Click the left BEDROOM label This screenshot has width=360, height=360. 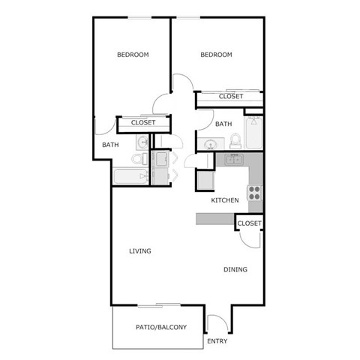(133, 55)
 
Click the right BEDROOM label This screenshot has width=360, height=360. (216, 55)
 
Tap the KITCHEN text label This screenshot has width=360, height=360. (224, 200)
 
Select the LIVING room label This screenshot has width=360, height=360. (139, 251)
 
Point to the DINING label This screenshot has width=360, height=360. (235, 270)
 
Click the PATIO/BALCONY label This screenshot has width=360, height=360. (160, 328)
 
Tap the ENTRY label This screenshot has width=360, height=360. (217, 342)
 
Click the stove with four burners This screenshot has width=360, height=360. (255, 192)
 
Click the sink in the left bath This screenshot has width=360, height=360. (142, 142)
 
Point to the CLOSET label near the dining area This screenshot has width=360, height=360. (249, 223)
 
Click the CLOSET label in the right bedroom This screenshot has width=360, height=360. (231, 97)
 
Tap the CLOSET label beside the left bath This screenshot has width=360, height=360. (143, 122)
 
